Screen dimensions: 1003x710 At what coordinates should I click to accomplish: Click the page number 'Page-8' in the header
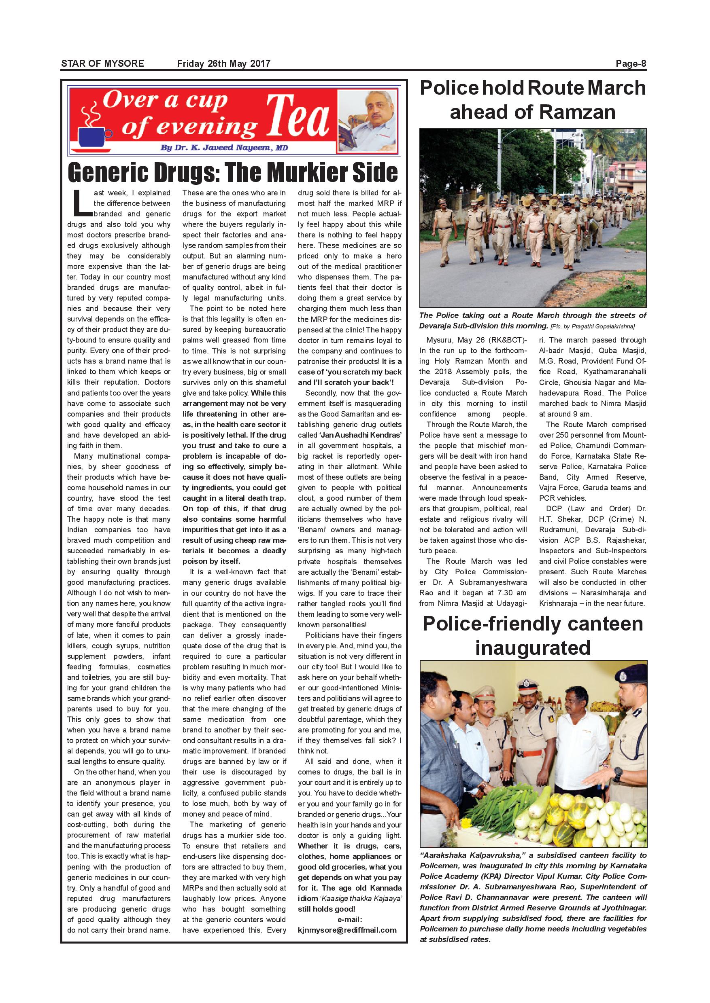(x=630, y=64)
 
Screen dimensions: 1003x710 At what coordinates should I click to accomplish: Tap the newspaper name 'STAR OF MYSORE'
(x=102, y=64)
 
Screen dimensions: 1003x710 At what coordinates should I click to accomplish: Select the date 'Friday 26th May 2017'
(x=223, y=64)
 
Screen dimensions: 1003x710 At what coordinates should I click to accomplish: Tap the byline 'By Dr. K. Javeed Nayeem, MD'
(x=224, y=148)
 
